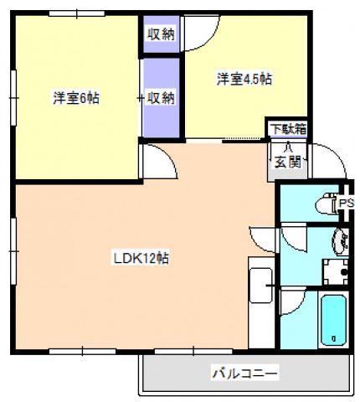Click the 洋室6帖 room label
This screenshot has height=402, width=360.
tap(77, 98)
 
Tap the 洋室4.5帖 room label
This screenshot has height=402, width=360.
tap(244, 80)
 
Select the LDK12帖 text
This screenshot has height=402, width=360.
tap(142, 258)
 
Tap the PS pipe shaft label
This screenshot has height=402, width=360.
tap(346, 204)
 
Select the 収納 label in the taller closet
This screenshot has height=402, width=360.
tap(161, 97)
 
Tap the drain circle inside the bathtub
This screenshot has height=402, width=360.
tap(334, 339)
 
